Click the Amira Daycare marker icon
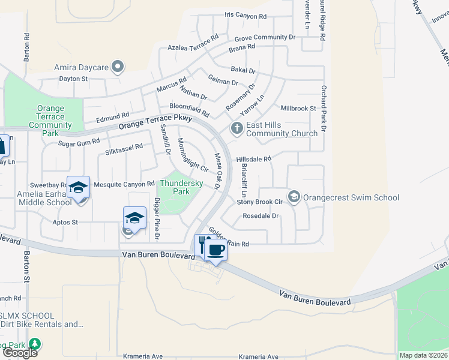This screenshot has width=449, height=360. click(118, 67)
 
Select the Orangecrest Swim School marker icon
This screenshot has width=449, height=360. click(294, 197)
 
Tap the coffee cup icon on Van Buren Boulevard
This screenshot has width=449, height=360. click(216, 249)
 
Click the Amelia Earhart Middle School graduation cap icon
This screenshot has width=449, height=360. click(78, 188)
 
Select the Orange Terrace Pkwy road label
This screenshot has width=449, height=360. click(155, 122)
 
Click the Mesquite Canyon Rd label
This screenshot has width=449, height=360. click(118, 184)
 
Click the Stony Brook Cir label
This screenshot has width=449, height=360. click(259, 202)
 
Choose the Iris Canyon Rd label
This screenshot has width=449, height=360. click(245, 16)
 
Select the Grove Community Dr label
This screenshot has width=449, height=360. click(265, 37)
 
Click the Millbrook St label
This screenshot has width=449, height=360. click(298, 109)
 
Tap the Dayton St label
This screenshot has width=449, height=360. click(73, 79)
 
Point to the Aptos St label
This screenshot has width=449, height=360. click(66, 222)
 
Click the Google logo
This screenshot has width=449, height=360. click(20, 353)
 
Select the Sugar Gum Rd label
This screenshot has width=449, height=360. click(79, 143)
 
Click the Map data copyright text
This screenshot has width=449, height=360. click(423, 355)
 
